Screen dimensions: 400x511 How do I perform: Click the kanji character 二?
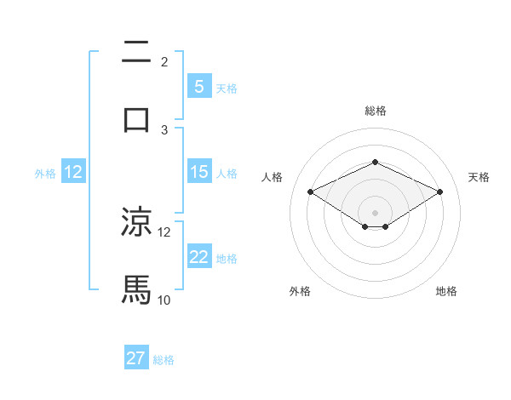(x=136, y=53)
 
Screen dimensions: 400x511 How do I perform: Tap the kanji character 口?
(x=136, y=118)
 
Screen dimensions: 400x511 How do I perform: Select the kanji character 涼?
(x=136, y=222)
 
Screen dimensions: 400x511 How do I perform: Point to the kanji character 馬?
(x=136, y=289)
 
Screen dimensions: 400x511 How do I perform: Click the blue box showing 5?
(x=198, y=86)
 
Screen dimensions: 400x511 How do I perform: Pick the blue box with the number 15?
(x=198, y=172)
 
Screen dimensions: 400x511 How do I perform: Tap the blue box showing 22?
(x=198, y=257)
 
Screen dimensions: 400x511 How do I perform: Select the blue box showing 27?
(x=136, y=358)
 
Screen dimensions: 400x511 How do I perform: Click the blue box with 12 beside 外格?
(x=72, y=172)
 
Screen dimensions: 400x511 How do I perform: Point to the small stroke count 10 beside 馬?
(x=164, y=300)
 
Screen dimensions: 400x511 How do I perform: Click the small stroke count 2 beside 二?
(x=164, y=62)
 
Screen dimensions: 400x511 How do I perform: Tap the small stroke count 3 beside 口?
(x=164, y=129)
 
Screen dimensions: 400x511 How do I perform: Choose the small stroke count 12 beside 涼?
(x=164, y=231)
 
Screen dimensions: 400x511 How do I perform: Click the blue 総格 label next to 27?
(x=164, y=360)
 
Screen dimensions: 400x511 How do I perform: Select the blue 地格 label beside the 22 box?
(x=227, y=259)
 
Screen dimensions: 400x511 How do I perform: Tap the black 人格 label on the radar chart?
(x=273, y=177)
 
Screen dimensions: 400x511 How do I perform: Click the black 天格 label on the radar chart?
(x=479, y=177)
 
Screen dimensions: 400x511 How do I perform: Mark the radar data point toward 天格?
(x=440, y=192)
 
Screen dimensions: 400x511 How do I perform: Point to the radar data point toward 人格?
(x=310, y=192)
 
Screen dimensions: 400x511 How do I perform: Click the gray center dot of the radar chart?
(x=375, y=212)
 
